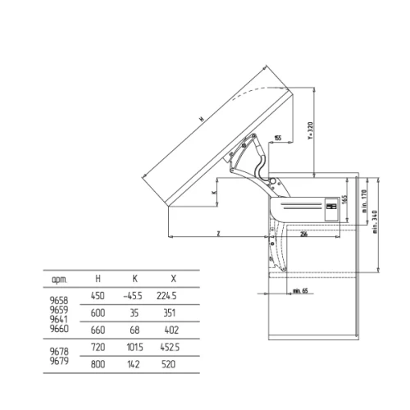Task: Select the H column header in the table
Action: click(x=98, y=279)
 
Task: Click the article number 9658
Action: click(x=59, y=301)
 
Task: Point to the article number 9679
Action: click(x=59, y=360)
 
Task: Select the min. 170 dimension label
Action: click(x=363, y=200)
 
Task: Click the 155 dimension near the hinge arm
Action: click(x=280, y=138)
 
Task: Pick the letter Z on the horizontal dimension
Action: click(x=218, y=233)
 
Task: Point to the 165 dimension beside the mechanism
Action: click(x=344, y=198)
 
